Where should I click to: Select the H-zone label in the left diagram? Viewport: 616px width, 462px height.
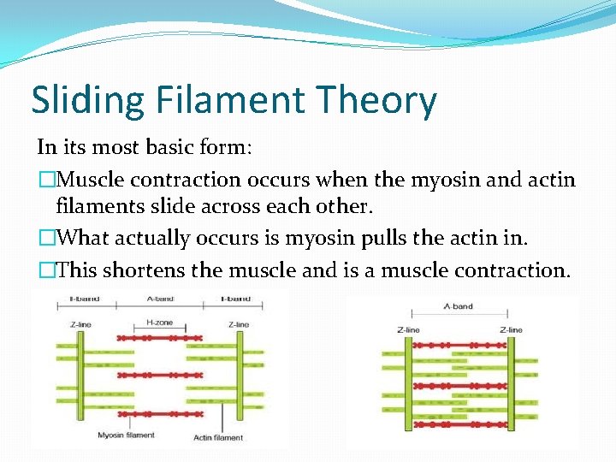click(x=160, y=323)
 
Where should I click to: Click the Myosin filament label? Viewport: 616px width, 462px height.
click(x=126, y=435)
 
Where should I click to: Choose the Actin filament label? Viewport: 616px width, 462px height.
click(x=218, y=437)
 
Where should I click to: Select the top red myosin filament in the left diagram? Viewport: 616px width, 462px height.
click(x=160, y=338)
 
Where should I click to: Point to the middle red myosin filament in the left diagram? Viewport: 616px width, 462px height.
click(x=160, y=376)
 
